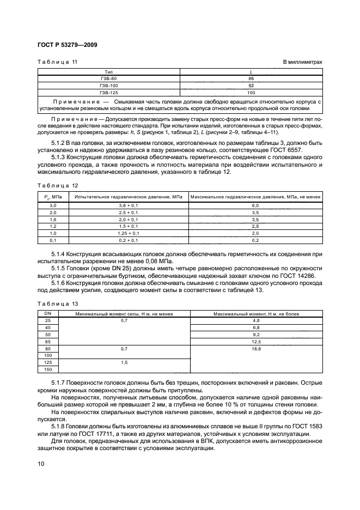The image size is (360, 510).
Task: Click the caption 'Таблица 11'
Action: (x=57, y=62)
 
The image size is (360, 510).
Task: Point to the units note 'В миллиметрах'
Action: (x=303, y=62)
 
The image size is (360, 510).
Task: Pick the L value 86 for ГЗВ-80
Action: (x=251, y=78)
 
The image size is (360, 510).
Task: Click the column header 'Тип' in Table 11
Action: (x=108, y=71)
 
